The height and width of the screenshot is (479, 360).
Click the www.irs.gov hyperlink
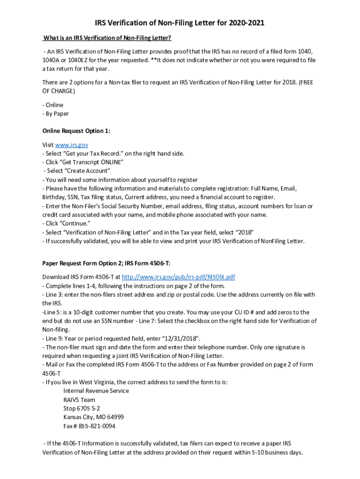point(72,145)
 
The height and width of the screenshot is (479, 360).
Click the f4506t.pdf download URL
point(178,277)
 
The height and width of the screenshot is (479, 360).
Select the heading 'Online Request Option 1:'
point(76,131)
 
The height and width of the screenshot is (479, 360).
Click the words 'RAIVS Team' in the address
point(79,400)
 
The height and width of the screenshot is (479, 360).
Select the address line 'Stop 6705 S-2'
point(81,408)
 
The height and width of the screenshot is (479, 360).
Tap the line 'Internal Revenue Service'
point(96,391)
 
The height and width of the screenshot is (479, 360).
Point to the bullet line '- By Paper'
point(55,114)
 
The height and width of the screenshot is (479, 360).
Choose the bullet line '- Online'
point(52,105)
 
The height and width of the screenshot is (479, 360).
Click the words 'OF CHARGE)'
point(58,91)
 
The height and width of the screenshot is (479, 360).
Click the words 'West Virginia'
point(99,382)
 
